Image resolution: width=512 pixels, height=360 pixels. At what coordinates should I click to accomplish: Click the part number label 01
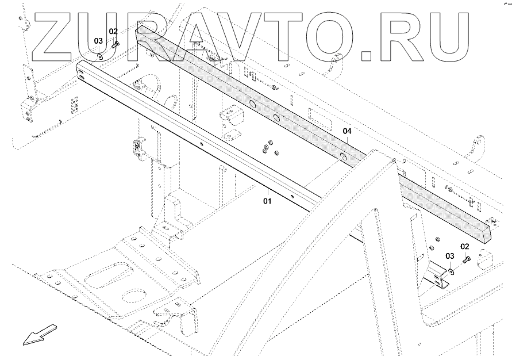tap(267, 201)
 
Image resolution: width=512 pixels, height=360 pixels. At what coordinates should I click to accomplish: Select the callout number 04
tap(347, 132)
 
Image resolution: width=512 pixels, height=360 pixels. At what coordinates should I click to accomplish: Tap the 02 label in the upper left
tap(113, 31)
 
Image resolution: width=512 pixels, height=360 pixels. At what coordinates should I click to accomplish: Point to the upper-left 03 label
tap(99, 41)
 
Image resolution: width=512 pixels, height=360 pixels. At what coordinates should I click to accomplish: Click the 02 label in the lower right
tap(465, 246)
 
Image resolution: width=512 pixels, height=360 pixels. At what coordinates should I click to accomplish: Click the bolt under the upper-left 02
tap(116, 43)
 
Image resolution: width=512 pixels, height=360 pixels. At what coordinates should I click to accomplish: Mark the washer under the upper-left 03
tap(101, 55)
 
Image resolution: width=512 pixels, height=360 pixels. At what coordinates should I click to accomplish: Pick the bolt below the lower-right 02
tap(466, 261)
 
